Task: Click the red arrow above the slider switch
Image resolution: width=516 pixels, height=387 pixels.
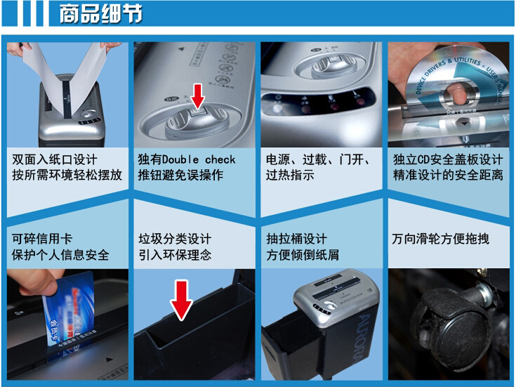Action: coord(198,93)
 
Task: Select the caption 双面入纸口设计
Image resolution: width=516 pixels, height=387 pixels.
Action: coord(55,160)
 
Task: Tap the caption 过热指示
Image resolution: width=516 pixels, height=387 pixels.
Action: coord(289,176)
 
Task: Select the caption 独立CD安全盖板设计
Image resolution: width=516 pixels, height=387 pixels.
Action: coord(447,160)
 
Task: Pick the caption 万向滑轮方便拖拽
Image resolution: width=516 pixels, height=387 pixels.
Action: coord(440,239)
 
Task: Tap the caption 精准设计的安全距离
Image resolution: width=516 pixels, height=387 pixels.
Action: coord(447,176)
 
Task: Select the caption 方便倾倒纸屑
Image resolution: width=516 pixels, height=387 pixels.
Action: coord(302,254)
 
